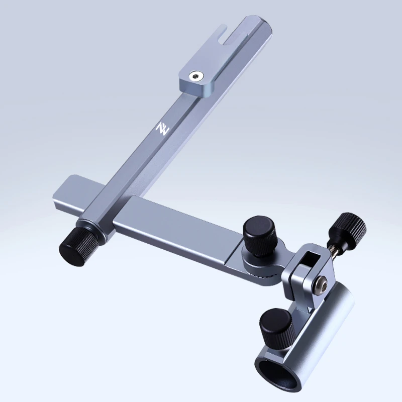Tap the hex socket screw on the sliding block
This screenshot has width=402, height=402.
click(196, 76)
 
